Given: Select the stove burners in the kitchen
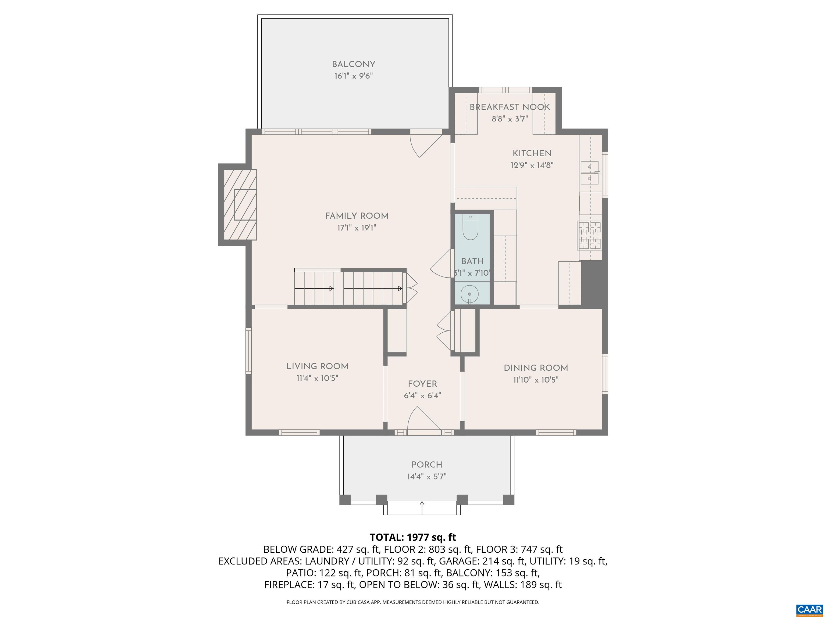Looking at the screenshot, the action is (x=590, y=235).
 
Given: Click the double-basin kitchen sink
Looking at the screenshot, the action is (x=590, y=173).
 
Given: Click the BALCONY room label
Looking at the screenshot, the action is (x=354, y=64).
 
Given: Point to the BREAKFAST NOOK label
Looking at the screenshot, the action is (x=510, y=107).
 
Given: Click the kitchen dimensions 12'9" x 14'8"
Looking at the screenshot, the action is (x=532, y=165).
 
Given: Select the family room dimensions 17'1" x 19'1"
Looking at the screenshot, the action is (x=357, y=228).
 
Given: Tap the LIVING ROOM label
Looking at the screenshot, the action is (x=317, y=366).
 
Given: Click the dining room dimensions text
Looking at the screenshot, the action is (x=536, y=380).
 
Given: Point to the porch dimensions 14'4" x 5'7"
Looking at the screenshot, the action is (x=427, y=476).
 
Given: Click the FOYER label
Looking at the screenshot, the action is (x=422, y=384).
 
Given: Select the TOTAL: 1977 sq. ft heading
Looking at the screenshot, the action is (x=413, y=537).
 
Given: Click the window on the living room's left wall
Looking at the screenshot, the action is (x=248, y=351).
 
